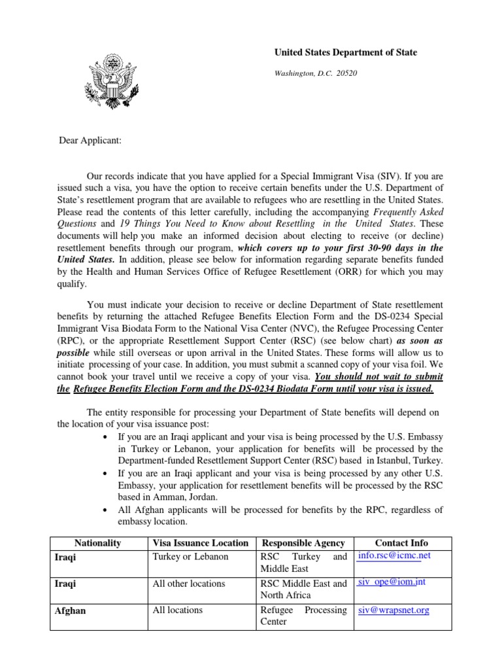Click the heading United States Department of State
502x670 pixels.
(x=344, y=52)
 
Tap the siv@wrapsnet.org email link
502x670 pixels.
(x=393, y=610)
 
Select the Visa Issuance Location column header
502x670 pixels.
(x=200, y=542)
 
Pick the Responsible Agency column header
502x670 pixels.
(x=303, y=542)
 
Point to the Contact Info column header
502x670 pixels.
(x=401, y=542)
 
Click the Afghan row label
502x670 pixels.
(x=71, y=610)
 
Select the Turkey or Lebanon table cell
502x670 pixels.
(x=190, y=557)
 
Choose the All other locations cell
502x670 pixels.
(x=188, y=584)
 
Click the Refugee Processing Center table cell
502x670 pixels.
(x=303, y=616)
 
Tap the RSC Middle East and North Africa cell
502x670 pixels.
(x=303, y=589)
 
